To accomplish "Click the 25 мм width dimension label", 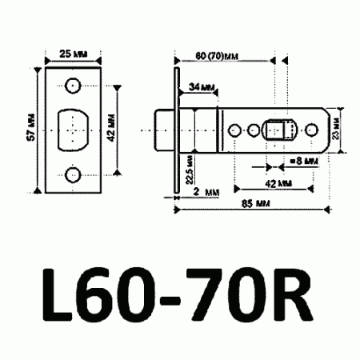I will pos(74,56).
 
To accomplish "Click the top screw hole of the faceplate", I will pos(73,85).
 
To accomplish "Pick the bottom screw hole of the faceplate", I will pos(73,174).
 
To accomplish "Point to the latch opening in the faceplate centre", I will pos(73,129).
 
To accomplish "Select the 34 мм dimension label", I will pos(199,86).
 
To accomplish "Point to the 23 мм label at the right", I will pos(338,129).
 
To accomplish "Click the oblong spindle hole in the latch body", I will pos(279,129).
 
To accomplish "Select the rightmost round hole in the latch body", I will pos(309,129).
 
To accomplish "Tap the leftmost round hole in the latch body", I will pos(235,129).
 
